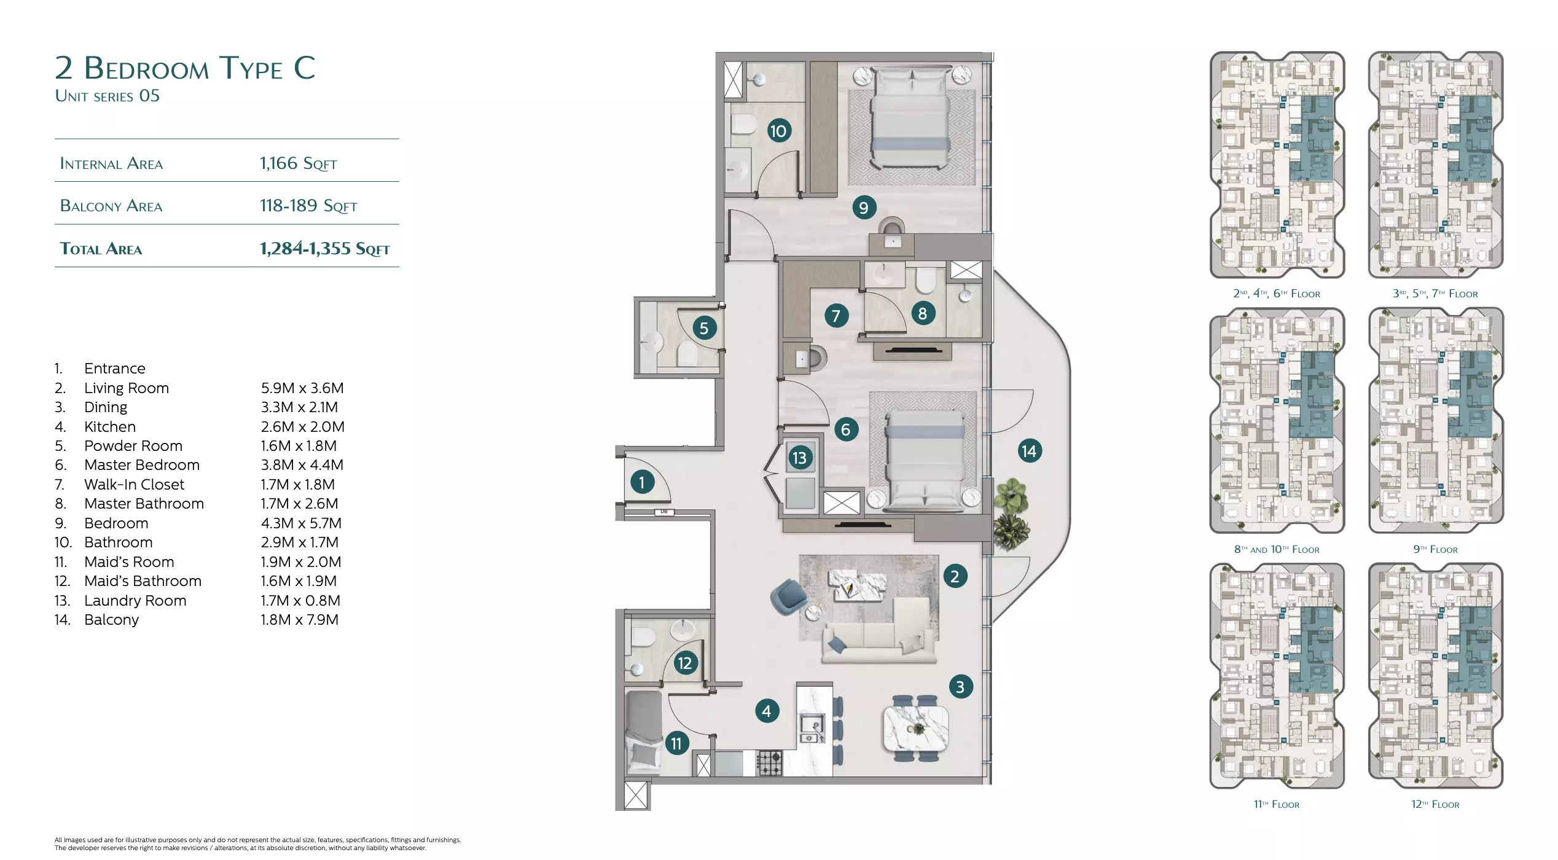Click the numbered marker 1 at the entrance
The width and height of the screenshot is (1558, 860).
(x=641, y=482)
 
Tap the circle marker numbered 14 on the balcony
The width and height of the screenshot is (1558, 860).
(x=1029, y=451)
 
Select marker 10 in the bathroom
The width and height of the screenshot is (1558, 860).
(x=778, y=130)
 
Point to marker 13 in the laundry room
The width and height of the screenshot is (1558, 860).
(x=799, y=458)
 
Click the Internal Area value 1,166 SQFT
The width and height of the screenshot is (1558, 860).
(x=298, y=163)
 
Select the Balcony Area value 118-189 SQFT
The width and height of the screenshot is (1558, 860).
(x=308, y=206)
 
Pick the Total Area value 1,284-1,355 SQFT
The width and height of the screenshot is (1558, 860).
(x=324, y=248)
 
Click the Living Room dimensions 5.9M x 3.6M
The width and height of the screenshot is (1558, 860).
(x=302, y=388)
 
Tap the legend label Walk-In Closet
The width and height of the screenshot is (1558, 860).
(x=134, y=485)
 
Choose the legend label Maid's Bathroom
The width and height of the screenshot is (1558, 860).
(x=143, y=581)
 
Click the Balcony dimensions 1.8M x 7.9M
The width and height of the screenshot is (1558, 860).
(x=299, y=620)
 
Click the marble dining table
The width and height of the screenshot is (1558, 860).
(x=915, y=729)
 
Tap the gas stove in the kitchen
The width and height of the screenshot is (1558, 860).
(x=770, y=763)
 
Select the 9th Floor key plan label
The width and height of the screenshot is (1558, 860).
(x=1435, y=549)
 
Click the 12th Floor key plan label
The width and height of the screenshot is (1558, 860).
(x=1435, y=804)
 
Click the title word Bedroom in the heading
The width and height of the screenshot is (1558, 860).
(x=146, y=68)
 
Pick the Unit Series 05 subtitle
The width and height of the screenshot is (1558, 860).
(x=108, y=96)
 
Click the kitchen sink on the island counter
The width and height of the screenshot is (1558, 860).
(x=811, y=724)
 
